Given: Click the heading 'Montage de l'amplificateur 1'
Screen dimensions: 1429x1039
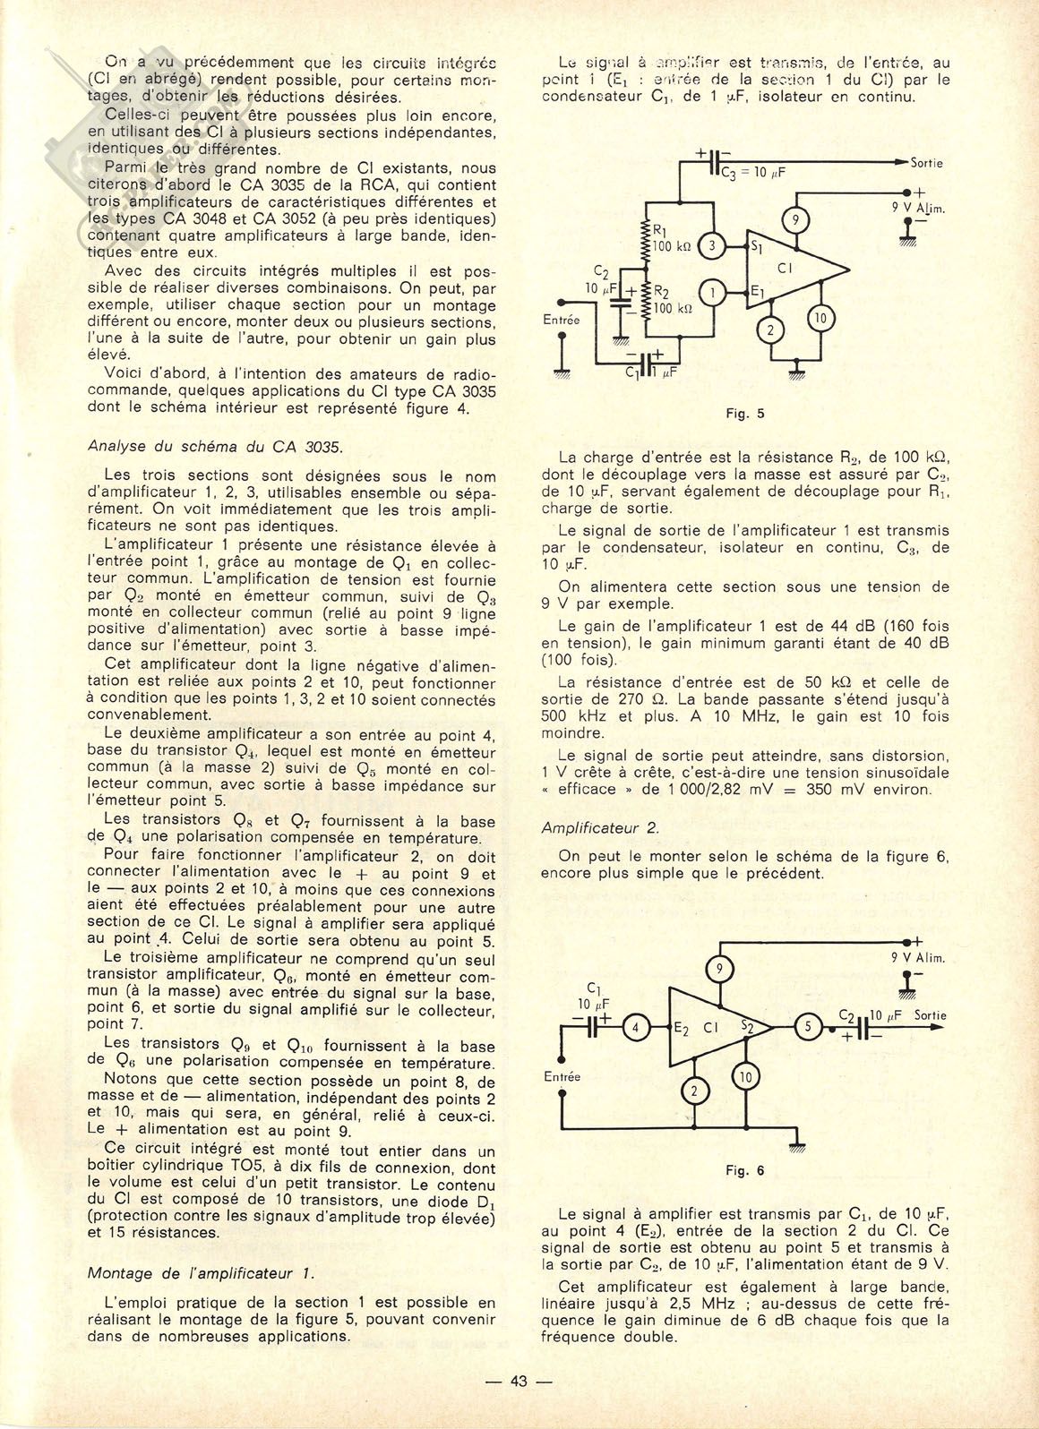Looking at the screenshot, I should pos(201,1273).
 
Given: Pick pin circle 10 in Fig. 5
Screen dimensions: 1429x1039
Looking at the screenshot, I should pos(821,318).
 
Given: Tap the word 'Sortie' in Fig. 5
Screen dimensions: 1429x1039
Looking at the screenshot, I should pos(926,164).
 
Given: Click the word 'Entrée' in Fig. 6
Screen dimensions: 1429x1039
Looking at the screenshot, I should pos(562,1077).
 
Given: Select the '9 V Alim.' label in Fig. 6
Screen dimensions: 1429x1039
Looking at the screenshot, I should pos(918,957).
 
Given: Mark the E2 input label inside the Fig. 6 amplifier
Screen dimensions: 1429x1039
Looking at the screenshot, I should pos(682,1028).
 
